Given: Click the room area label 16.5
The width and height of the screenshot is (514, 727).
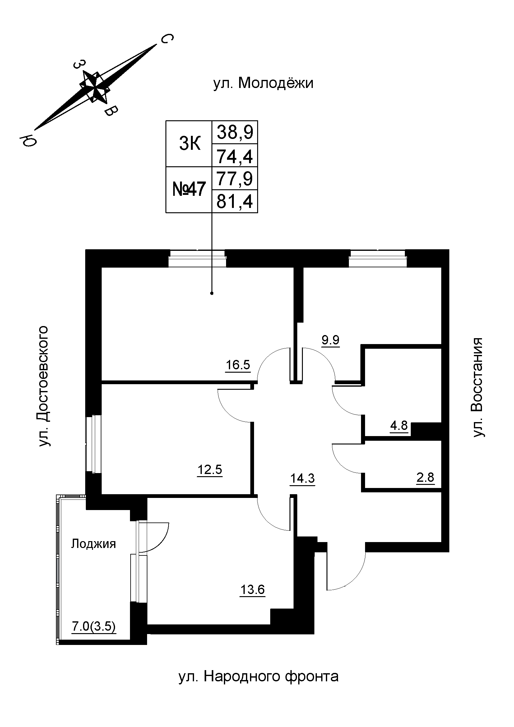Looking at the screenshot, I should [238, 365].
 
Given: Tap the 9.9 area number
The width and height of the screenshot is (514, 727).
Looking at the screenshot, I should [330, 340].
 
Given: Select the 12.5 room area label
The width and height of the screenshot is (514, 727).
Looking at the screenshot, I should [210, 470].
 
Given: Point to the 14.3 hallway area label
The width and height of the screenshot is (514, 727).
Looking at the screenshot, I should [303, 478].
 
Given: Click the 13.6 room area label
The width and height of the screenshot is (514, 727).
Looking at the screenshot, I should [252, 590].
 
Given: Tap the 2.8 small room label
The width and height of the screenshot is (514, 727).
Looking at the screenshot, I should [425, 477].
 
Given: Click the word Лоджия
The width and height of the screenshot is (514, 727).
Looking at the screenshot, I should [93, 544].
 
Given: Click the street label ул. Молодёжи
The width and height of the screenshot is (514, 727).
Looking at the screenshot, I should [263, 83].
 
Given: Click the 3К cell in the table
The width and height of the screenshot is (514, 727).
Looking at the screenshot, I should [189, 144].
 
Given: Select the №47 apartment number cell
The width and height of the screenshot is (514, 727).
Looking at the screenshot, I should [189, 190].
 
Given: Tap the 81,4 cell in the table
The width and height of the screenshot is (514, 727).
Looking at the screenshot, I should [235, 201].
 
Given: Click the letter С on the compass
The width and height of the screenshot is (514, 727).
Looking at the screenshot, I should [167, 39].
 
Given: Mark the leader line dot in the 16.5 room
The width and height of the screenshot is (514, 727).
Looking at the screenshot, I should [212, 293].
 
